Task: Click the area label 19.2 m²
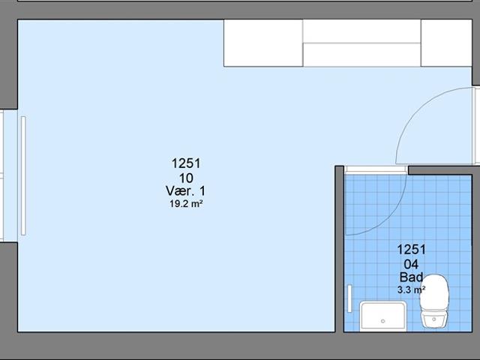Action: [x=187, y=204]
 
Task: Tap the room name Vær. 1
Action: [x=185, y=191]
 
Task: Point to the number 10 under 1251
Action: [x=186, y=178]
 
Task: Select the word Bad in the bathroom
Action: [x=412, y=277]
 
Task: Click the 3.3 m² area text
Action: [x=411, y=289]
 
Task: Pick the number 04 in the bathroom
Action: [x=411, y=264]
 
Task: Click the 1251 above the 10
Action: [x=186, y=163]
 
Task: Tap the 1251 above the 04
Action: [x=412, y=250]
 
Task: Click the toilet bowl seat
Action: [x=434, y=293]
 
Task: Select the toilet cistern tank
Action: [x=433, y=320]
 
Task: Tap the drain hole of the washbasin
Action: [x=383, y=321]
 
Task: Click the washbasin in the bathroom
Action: [x=383, y=316]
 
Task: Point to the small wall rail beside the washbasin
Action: [x=349, y=298]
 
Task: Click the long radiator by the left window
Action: [x=23, y=175]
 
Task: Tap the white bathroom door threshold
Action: [x=376, y=170]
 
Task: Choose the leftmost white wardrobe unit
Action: [x=263, y=43]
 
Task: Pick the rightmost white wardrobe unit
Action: [x=446, y=43]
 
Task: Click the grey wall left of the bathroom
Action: [x=340, y=249]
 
